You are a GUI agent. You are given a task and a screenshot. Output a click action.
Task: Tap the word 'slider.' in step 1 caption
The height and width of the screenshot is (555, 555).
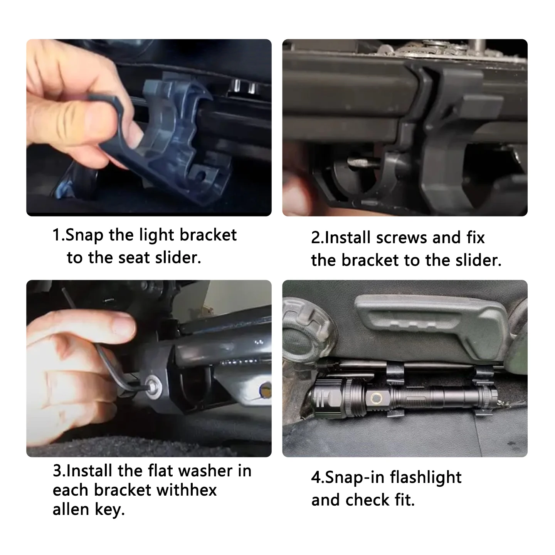tap(178, 257)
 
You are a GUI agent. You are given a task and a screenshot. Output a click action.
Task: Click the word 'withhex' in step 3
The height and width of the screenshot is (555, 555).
tap(187, 490)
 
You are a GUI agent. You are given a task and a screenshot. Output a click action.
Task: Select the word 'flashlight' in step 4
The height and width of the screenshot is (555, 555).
tap(425, 478)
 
